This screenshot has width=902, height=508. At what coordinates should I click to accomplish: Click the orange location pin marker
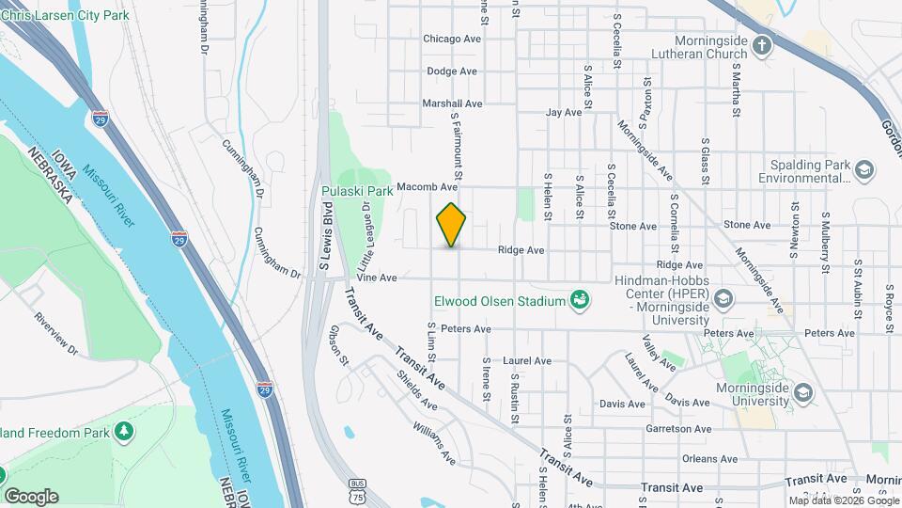pyautogui.click(x=452, y=225)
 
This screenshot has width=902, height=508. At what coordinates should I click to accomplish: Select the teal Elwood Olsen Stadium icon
pyautogui.click(x=581, y=300)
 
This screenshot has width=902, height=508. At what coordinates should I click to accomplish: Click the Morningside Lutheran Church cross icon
pyautogui.click(x=762, y=43)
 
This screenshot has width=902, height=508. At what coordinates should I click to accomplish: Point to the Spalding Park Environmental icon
pyautogui.click(x=863, y=170)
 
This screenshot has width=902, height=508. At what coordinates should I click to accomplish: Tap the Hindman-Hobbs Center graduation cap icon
pyautogui.click(x=723, y=300)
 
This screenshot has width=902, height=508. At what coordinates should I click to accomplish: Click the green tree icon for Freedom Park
pyautogui.click(x=123, y=432)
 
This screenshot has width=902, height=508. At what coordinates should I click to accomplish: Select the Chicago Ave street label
pyautogui.click(x=452, y=39)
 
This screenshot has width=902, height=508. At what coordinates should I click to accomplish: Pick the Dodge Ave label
pyautogui.click(x=452, y=71)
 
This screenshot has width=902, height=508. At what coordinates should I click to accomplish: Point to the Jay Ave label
pyautogui.click(x=565, y=112)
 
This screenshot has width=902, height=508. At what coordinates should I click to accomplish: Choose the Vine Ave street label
pyautogui.click(x=377, y=278)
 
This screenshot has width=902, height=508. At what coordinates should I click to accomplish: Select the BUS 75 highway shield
pyautogui.click(x=354, y=493)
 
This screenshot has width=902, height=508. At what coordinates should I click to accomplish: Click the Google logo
pyautogui.click(x=30, y=496)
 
